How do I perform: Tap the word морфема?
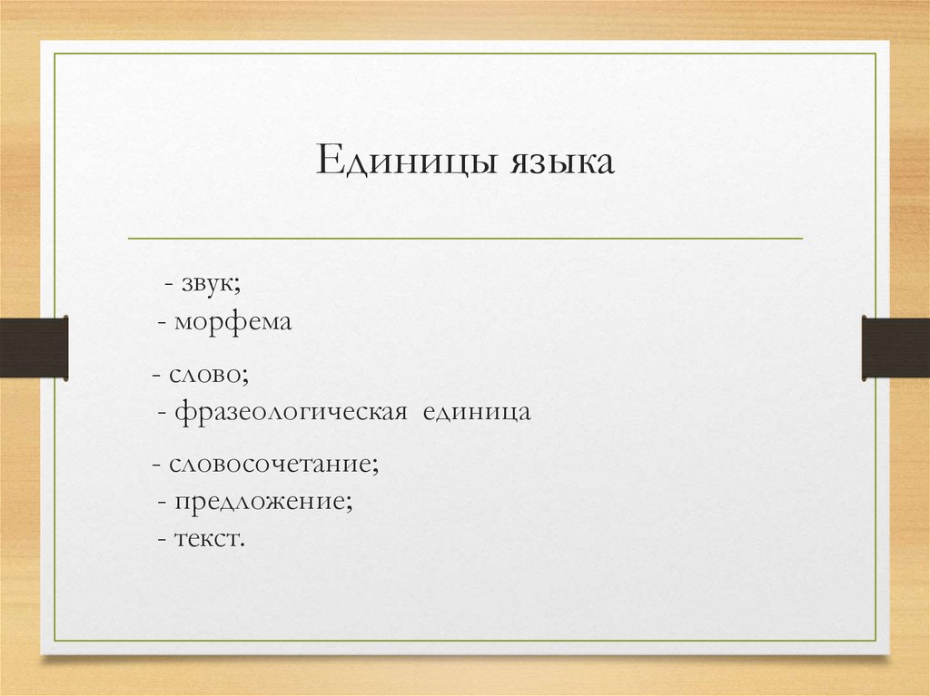(232, 322)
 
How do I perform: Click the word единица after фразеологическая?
(478, 412)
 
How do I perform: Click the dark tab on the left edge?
(34, 348)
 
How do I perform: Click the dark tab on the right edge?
(895, 348)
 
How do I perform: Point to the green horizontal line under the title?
(465, 239)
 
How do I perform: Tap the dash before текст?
(161, 539)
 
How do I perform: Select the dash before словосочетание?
(156, 466)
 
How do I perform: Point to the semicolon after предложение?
(350, 504)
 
